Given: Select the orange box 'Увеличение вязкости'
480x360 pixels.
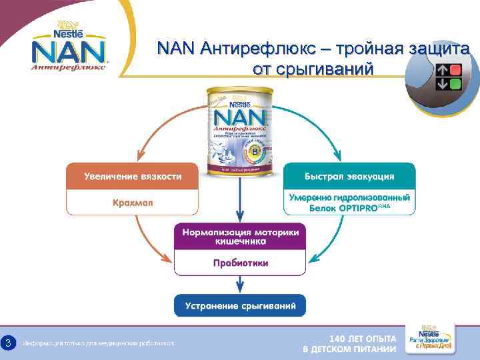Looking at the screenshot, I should click(133, 177).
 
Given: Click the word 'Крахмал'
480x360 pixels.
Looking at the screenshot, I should click(133, 203).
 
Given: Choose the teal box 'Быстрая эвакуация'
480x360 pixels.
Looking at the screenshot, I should click(349, 177).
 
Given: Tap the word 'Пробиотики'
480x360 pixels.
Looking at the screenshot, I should click(241, 263).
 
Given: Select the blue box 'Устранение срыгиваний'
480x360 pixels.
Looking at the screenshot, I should click(241, 305).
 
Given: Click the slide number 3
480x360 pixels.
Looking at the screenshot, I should click(8, 343).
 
